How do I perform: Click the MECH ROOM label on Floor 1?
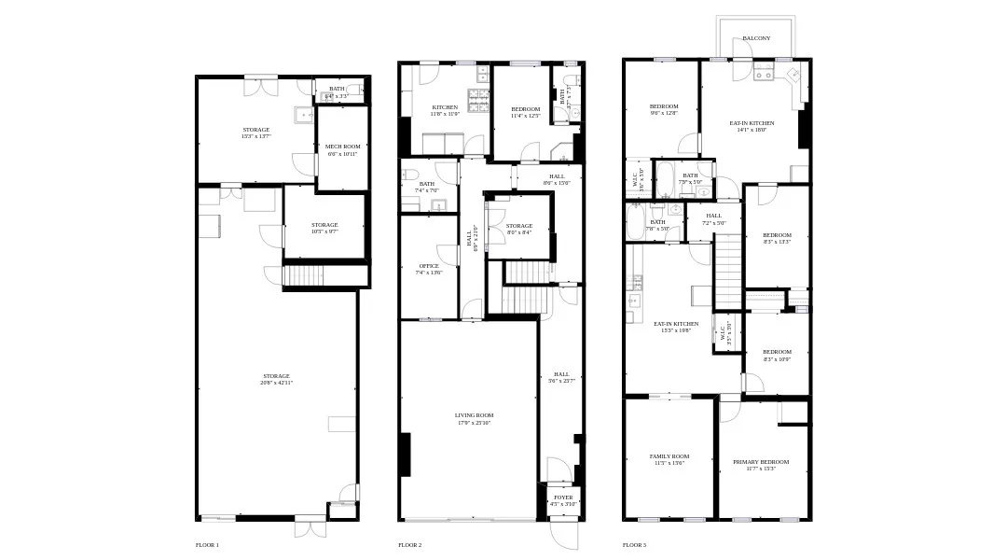342,147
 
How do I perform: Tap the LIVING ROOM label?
474,415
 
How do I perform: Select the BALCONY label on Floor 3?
756,38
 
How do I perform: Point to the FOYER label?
563,497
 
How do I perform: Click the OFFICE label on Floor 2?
428,266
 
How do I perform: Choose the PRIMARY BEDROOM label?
760,462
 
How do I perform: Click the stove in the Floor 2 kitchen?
481,102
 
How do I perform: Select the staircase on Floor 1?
302,275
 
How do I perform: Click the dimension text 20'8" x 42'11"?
276,383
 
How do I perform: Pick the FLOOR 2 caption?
409,545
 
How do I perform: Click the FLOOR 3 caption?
634,545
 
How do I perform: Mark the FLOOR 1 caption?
207,545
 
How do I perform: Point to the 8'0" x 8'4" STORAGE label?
519,226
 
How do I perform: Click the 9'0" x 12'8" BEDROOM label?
664,106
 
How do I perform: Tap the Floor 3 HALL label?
715,217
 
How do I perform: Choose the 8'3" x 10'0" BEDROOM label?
777,352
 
